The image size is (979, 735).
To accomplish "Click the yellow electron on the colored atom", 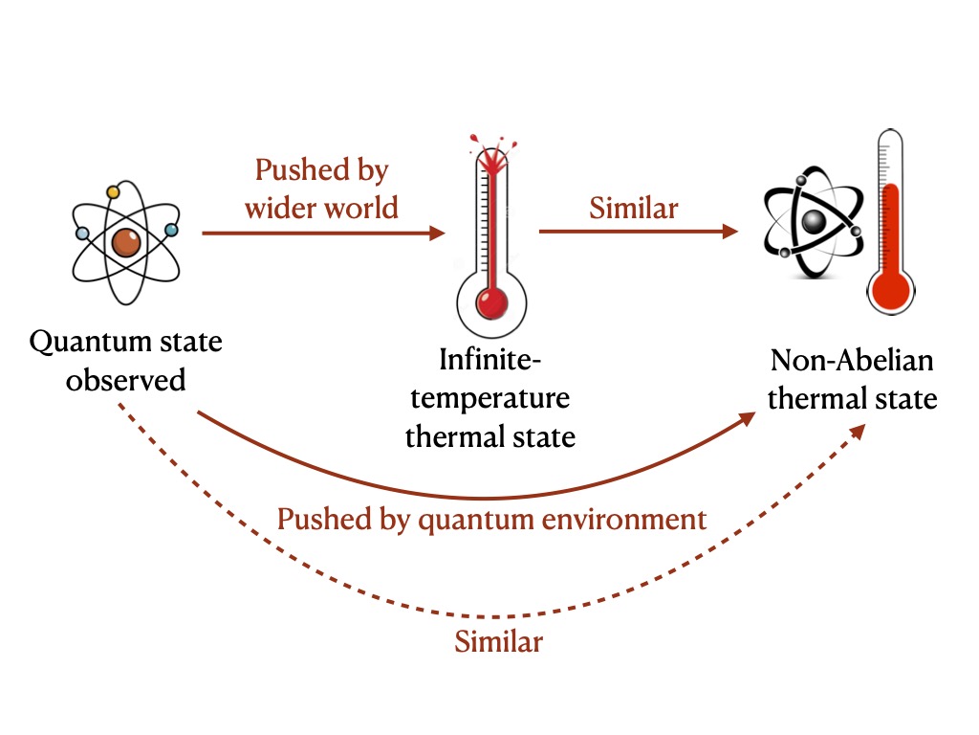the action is (113, 191).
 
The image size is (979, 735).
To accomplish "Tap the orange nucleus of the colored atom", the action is (126, 242).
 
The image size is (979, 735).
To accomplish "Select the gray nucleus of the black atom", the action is (814, 221).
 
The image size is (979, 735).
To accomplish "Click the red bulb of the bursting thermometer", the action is (492, 303).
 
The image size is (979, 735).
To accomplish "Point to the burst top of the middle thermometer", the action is (492, 154).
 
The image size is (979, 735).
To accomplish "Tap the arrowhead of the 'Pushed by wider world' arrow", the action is (437, 234).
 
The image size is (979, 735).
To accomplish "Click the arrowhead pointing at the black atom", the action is (729, 232).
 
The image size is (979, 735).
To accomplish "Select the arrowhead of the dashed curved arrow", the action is (858, 432).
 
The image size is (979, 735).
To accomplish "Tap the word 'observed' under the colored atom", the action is (126, 380).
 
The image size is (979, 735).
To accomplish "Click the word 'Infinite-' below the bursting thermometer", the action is (490, 360).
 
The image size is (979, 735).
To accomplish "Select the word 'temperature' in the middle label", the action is (490, 399).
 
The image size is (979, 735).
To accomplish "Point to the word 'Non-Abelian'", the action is (852, 361).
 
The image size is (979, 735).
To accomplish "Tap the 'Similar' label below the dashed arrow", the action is (498, 641).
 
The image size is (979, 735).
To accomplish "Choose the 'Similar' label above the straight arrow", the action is (634, 208).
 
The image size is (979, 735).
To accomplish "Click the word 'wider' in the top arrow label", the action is (279, 208).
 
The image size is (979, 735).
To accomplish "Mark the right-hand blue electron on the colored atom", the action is (171, 230).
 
